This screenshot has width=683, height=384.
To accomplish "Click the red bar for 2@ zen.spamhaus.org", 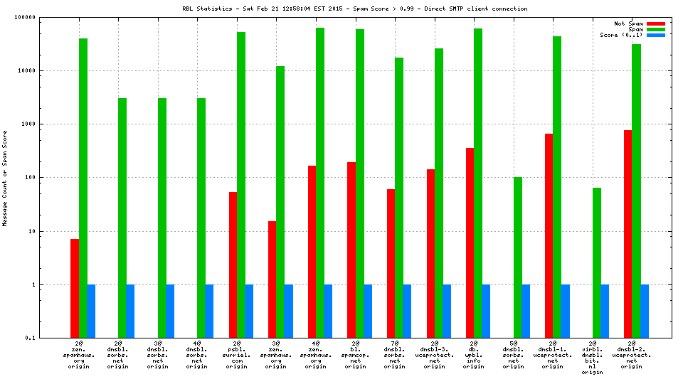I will [x=75, y=288].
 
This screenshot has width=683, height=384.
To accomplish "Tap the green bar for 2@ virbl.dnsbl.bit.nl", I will [x=596, y=262].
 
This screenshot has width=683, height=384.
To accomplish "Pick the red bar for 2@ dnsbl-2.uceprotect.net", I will [x=628, y=234].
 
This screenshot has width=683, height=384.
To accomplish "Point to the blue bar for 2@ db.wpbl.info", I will [x=486, y=311].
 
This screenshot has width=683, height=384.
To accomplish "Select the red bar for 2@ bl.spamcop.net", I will [x=351, y=250].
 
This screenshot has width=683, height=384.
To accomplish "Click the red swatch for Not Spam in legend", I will [x=655, y=23].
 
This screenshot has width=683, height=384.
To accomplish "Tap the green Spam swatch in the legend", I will [x=655, y=29].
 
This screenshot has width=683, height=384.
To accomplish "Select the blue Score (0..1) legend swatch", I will [x=655, y=35].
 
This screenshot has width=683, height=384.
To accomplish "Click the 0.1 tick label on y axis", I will [x=31, y=338].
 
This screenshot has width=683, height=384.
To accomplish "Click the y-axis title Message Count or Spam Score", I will [x=6, y=178].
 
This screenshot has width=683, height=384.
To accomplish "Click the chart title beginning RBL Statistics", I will [x=354, y=9].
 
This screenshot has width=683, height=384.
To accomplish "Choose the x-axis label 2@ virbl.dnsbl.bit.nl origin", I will [x=592, y=358].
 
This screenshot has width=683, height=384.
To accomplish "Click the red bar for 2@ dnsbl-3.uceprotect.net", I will [x=430, y=253].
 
